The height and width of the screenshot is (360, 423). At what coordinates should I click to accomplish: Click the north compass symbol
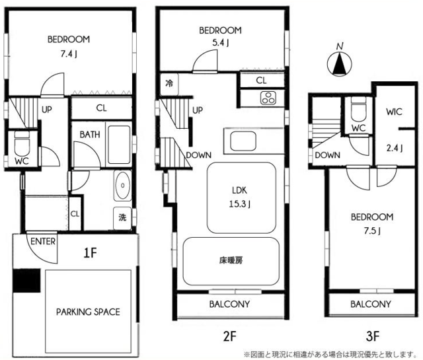[339, 64]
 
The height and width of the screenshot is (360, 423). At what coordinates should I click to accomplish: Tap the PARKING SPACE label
[88, 312]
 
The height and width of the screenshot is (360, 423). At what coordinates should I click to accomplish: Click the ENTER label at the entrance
[43, 241]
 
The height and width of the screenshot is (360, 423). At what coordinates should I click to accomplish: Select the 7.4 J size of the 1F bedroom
[69, 54]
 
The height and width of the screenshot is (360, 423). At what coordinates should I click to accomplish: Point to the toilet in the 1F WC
[22, 143]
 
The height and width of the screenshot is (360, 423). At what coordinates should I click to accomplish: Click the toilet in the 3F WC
[358, 110]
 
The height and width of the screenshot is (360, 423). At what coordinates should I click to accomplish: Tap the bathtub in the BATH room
[119, 145]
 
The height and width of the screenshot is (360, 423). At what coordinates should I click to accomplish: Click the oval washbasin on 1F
[122, 186]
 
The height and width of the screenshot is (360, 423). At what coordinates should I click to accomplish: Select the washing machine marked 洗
[122, 218]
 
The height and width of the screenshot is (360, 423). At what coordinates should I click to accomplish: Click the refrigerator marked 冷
[169, 84]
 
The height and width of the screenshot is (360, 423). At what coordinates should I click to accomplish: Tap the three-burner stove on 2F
[268, 98]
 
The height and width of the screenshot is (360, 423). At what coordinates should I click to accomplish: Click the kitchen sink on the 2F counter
[243, 141]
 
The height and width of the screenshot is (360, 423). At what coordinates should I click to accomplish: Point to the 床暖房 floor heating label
[231, 260]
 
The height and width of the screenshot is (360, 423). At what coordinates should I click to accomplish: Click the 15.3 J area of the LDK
[239, 204]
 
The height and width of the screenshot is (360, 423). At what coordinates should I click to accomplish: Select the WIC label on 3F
[394, 112]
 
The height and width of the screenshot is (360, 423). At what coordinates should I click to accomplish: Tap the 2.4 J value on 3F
[395, 148]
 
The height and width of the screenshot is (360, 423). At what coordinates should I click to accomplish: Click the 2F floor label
[230, 336]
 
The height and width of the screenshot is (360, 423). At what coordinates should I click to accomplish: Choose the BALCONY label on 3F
[371, 305]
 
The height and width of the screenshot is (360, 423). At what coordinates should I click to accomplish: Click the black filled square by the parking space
[26, 281]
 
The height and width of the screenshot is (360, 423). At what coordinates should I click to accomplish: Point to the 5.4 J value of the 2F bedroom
[221, 43]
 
